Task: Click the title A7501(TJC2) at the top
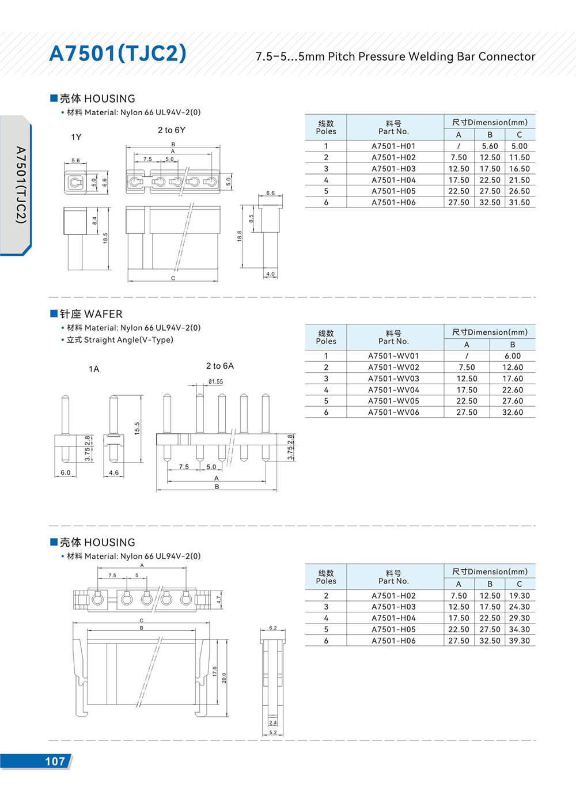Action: tap(118, 54)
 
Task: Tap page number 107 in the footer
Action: tap(55, 761)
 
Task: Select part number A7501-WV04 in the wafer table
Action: tap(393, 390)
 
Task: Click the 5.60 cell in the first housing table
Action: tap(490, 146)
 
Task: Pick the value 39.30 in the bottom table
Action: tap(519, 641)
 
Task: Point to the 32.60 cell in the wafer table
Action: tap(512, 413)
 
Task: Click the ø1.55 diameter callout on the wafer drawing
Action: tap(216, 381)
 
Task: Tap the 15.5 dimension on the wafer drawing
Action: tap(137, 428)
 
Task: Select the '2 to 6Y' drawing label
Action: tap(172, 130)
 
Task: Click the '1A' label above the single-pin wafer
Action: tap(94, 369)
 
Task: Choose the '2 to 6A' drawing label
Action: tap(220, 366)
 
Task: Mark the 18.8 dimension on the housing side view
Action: tap(240, 236)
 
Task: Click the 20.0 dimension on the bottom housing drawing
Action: tap(224, 678)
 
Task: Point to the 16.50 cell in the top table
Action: tap(519, 169)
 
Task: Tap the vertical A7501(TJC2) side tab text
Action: tap(21, 184)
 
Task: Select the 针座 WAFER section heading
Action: tap(86, 314)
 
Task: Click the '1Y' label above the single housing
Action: tap(76, 137)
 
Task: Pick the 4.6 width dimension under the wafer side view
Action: tap(114, 473)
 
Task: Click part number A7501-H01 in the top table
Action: tap(393, 146)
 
